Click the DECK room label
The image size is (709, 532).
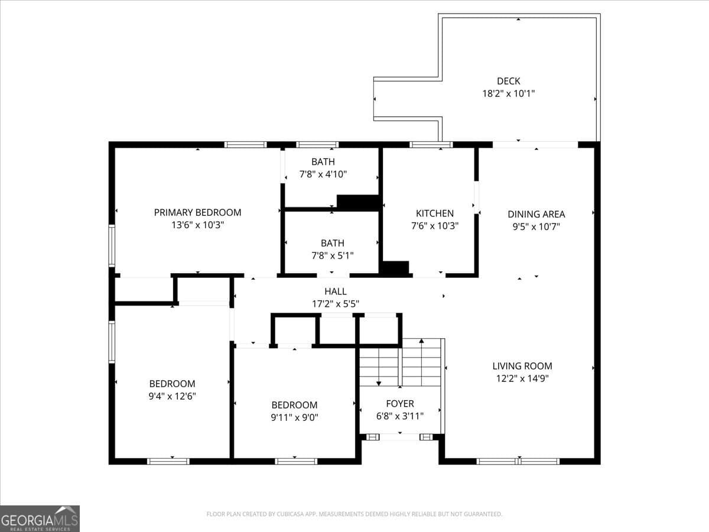pos(509,81)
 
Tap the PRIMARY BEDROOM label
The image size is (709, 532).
pos(198,213)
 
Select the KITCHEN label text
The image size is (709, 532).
pos(435,213)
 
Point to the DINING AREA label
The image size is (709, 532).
pos(536,214)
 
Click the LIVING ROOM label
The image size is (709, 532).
pos(522,366)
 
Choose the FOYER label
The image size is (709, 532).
pos(400,404)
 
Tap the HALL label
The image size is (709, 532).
pos(336,291)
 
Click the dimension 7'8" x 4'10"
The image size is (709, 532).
pos(323,174)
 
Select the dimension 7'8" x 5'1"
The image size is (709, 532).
pos(333,256)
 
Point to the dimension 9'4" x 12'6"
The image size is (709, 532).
pos(172,396)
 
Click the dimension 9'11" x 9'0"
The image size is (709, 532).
pos(294,418)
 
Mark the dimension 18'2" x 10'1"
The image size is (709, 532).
pos(509,93)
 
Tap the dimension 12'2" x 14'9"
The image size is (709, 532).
pos(522,378)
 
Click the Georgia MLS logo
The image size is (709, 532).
pos(40,519)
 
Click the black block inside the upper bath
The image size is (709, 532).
pos(357,202)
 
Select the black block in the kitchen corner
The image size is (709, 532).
pos(396,268)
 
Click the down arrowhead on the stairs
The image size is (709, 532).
pos(379,384)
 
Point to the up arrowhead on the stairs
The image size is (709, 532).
pos(421,340)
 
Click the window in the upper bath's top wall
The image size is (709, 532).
pos(317,144)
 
